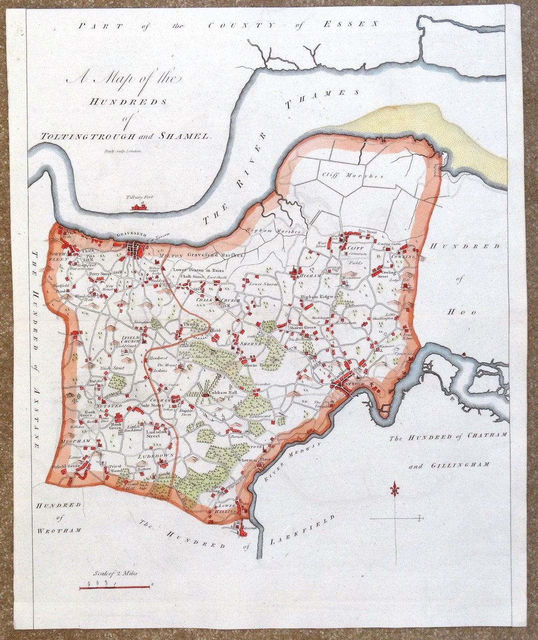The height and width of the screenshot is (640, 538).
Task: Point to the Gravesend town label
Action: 131,234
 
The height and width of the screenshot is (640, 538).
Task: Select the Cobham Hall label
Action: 222,393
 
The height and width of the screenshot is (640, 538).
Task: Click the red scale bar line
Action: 115,587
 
